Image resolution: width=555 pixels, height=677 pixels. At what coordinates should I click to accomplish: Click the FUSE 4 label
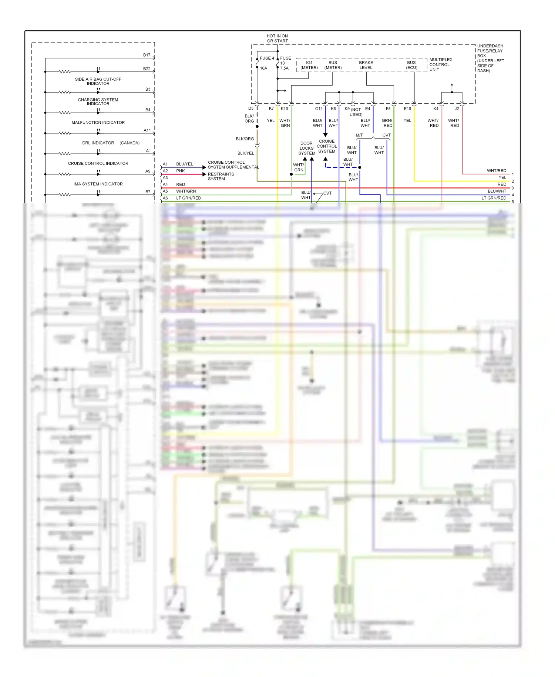[x=266, y=58]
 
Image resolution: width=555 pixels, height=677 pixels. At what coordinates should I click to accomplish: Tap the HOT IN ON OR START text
[x=277, y=39]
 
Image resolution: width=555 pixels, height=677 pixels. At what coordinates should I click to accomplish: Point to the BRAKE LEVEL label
[x=366, y=65]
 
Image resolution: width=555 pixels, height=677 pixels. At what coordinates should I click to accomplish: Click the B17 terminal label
[x=147, y=55]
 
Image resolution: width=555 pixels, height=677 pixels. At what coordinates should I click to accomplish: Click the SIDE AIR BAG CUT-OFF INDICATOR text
[x=98, y=81]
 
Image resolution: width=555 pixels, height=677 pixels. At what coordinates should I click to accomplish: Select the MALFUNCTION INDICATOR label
[x=98, y=123]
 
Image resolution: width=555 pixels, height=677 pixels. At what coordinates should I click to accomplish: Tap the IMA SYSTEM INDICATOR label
[x=98, y=184]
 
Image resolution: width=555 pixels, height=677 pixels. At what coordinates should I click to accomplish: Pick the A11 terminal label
[x=147, y=130]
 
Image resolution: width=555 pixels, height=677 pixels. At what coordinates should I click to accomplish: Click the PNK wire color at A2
[x=181, y=171]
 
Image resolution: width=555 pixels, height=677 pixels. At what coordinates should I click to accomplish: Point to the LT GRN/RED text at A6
[x=188, y=198]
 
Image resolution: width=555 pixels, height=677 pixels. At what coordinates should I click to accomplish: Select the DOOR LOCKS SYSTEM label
[x=307, y=148]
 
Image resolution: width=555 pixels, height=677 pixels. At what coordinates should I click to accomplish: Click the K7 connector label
[x=271, y=109]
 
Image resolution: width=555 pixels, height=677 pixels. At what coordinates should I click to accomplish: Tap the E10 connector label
[x=407, y=109]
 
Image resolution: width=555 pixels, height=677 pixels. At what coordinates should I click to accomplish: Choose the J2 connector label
[x=457, y=109]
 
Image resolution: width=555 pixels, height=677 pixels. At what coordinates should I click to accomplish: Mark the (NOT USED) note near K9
[x=356, y=112]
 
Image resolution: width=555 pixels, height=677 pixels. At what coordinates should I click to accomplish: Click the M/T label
[x=359, y=135]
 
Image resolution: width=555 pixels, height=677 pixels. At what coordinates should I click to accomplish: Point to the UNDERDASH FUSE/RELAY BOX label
[x=490, y=58]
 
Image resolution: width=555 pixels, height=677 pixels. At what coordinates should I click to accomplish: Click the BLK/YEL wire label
[x=246, y=153]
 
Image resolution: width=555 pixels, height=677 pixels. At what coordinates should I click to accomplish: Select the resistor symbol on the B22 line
[x=65, y=72]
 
